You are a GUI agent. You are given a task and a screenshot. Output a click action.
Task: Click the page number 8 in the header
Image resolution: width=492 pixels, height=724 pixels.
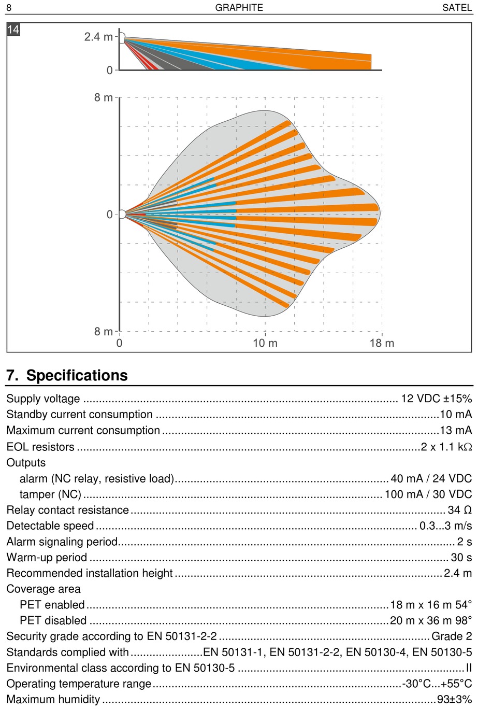pos(9,7)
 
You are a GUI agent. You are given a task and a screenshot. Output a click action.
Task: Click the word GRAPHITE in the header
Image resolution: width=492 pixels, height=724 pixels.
pos(239,7)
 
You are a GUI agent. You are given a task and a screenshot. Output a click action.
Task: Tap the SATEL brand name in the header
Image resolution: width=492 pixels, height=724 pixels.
pos(457,7)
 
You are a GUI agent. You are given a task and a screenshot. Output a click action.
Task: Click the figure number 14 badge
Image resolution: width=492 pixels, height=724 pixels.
pos(13,30)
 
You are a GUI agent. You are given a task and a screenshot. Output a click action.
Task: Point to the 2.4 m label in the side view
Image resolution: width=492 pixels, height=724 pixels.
pos(98,37)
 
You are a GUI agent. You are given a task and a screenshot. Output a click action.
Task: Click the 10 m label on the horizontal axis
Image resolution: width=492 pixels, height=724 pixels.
pos(265,343)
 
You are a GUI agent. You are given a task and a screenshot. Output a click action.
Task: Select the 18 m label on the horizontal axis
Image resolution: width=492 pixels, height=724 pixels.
pos(382,343)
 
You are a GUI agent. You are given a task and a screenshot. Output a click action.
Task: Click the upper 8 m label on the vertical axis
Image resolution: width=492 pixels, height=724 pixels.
pos(104,97)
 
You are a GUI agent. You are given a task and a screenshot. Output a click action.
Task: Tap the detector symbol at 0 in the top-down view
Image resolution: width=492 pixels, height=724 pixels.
pos(122,214)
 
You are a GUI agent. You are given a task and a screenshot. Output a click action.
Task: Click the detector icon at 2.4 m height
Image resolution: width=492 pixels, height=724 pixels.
pos(122,37)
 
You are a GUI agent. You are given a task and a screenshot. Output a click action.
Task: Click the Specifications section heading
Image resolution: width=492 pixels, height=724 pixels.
pos(67,375)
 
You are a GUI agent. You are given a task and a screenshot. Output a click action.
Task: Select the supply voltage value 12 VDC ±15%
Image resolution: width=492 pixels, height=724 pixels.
pos(437,399)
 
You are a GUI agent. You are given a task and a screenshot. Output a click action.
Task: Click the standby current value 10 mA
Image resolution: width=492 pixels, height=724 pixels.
pos(456,415)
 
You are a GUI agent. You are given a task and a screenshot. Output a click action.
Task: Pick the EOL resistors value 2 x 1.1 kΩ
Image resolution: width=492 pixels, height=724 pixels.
pos(446,447)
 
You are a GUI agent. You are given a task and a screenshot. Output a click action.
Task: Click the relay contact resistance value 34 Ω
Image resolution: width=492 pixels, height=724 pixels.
pos(460,510)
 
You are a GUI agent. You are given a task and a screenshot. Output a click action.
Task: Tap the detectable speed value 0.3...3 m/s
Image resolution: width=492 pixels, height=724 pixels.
pos(446,526)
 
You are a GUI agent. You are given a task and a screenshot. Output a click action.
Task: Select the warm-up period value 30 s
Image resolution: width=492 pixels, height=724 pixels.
pos(461,558)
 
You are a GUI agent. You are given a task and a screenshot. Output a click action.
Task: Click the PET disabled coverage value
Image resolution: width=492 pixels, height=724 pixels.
pos(431,620)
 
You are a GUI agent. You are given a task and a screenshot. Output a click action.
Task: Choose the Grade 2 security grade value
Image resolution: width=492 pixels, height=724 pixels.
pos(452,636)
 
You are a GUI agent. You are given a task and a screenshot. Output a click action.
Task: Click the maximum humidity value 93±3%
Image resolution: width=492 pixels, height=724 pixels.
pos(455,700)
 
